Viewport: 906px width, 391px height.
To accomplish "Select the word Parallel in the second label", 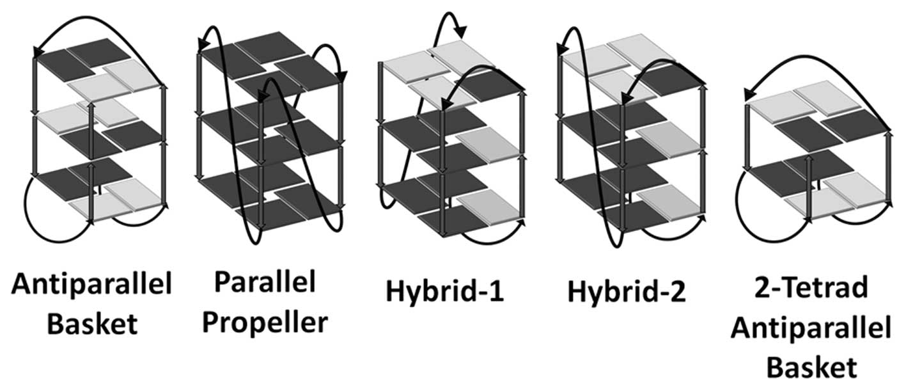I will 264,282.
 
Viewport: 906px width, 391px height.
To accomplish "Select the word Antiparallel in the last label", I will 811,328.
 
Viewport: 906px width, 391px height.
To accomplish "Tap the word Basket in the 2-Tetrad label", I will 811,367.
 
